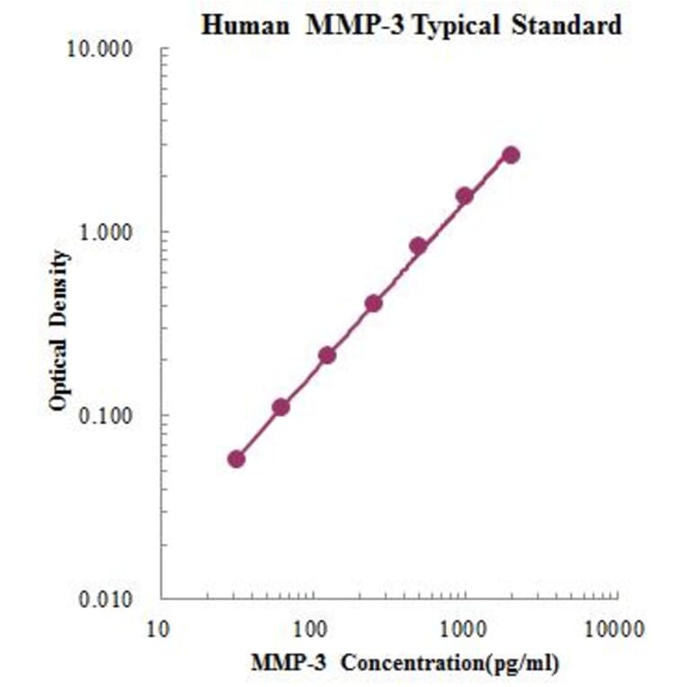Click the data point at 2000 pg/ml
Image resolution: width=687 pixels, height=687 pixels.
[511, 155]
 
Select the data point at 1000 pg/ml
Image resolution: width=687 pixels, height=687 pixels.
[465, 195]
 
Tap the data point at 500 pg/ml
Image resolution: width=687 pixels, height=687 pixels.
[418, 245]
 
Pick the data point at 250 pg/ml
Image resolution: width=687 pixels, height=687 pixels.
[373, 303]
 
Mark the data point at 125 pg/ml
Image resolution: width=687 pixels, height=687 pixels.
[327, 355]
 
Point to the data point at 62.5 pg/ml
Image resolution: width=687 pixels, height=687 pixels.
[281, 407]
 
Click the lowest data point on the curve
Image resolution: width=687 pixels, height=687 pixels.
[236, 459]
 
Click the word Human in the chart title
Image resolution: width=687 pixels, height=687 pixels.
[236, 24]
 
